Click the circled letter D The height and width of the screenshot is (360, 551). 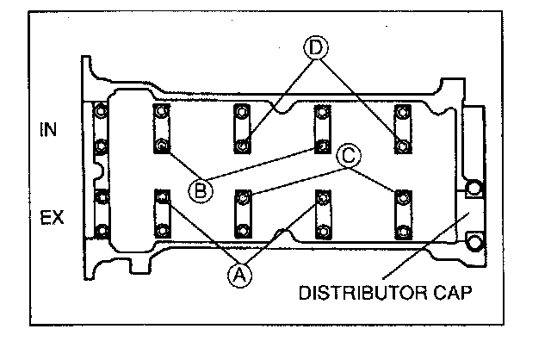316,48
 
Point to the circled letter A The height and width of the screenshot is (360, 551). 241,275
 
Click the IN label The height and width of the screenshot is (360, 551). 51,129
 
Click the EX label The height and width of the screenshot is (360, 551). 52,218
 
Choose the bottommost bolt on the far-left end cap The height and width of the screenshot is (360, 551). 102,230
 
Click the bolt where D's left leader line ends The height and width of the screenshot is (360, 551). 244,145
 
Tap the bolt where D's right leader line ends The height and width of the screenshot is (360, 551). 401,145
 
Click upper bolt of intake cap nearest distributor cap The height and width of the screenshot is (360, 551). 401,112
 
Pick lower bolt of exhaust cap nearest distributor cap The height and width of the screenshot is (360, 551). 401,230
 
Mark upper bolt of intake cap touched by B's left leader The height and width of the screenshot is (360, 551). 161,112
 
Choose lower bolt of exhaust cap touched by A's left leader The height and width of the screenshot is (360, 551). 161,230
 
